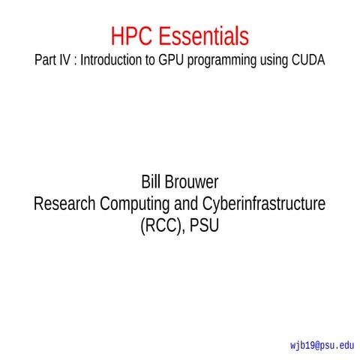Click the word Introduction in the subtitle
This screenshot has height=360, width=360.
[x=112, y=61]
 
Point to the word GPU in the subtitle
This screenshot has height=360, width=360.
[x=171, y=61]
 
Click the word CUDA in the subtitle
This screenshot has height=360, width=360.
[x=308, y=61]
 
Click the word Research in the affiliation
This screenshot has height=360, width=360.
[x=66, y=203]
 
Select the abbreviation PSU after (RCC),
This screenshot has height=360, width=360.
[x=204, y=224]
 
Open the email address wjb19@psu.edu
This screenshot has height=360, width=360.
[x=321, y=346]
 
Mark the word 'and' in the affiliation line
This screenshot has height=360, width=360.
[x=184, y=203]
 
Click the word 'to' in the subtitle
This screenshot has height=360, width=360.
[x=150, y=61]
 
